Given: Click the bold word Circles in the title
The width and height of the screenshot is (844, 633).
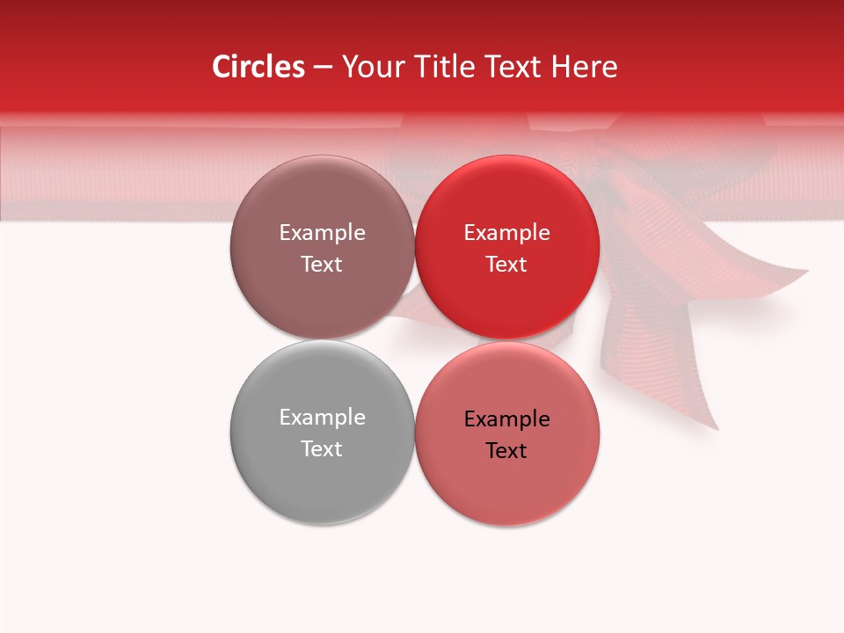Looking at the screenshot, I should click(x=258, y=67).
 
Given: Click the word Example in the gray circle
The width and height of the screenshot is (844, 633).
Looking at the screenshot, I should click(x=322, y=417).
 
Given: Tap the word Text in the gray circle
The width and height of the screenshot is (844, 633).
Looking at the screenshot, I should click(x=322, y=448).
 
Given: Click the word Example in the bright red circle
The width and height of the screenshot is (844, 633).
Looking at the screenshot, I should click(x=506, y=232).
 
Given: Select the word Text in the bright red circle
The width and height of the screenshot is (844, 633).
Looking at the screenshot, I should click(x=506, y=264).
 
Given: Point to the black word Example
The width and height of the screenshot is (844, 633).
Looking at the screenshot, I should click(x=506, y=418).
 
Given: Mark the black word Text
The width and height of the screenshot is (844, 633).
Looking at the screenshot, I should click(x=506, y=450).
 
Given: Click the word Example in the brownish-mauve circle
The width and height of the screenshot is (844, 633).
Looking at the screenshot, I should click(x=322, y=232).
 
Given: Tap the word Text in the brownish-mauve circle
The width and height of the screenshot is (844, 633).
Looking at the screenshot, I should click(x=322, y=264).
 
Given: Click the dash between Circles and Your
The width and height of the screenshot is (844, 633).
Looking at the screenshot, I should click(x=323, y=68).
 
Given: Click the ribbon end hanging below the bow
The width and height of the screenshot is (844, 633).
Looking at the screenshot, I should click(x=695, y=387).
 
